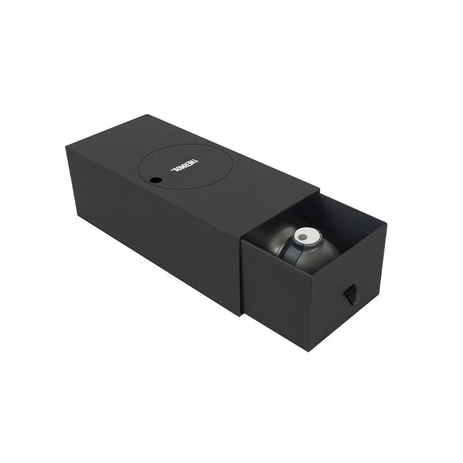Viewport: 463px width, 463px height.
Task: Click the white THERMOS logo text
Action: pyautogui.click(x=185, y=165)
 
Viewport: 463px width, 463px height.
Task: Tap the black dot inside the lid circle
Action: pyautogui.click(x=156, y=180)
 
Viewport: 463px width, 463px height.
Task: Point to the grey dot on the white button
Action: pyautogui.click(x=303, y=237)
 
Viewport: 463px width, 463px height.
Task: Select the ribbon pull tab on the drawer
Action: pyautogui.click(x=349, y=295)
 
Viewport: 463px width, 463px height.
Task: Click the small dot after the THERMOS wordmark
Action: pyautogui.click(x=172, y=170)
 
